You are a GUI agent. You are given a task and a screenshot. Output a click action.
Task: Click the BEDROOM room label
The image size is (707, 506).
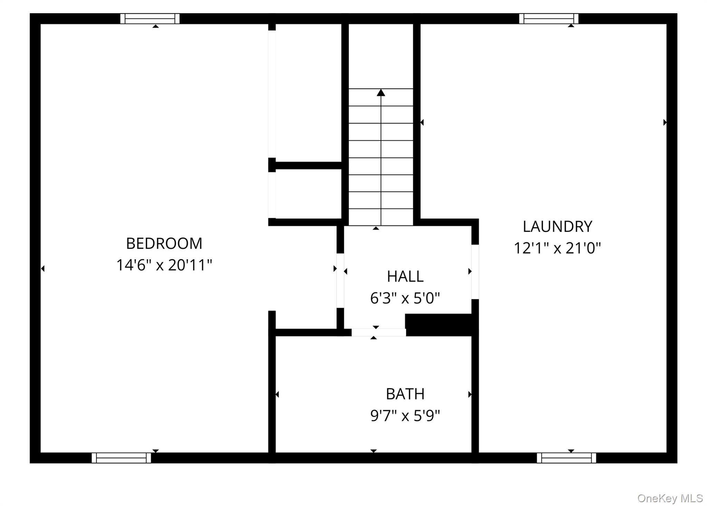tap(164, 243)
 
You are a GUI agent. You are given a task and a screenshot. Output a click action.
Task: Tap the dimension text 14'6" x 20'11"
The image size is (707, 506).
tap(164, 265)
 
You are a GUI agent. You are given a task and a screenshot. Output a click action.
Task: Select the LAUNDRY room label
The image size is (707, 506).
tap(557, 227)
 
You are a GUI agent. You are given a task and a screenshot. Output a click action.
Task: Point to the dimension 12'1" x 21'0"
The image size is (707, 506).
tap(557, 248)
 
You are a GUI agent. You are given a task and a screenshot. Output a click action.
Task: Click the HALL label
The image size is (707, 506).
tap(405, 277)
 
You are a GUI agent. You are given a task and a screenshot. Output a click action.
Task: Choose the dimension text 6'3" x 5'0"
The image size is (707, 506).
tap(405, 298)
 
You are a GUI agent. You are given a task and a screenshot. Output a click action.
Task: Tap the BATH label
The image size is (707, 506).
tap(405, 394)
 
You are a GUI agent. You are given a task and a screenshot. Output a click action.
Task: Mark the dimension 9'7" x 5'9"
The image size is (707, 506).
tap(405, 416)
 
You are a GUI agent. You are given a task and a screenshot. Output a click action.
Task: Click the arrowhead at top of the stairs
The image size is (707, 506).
tap(381, 93)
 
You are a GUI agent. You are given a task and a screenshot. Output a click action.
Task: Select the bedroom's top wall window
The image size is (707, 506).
tap(150, 19)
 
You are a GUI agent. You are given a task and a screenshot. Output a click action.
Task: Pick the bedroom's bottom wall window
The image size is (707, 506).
tap(121, 458)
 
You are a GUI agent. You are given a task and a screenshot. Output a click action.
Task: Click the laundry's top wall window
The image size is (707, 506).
tap(549, 19)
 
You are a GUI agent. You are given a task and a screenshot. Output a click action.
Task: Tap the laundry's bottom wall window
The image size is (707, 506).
tap(566, 458)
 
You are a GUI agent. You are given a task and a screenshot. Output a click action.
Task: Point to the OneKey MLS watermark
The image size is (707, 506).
tap(670, 498)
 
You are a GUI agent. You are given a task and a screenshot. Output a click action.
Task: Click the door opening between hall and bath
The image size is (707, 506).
tap(379, 332)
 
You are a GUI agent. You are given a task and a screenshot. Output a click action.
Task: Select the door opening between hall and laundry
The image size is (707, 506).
tap(475, 272)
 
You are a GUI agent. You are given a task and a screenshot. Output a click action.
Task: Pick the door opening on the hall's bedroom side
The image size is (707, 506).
tap(340, 280)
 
